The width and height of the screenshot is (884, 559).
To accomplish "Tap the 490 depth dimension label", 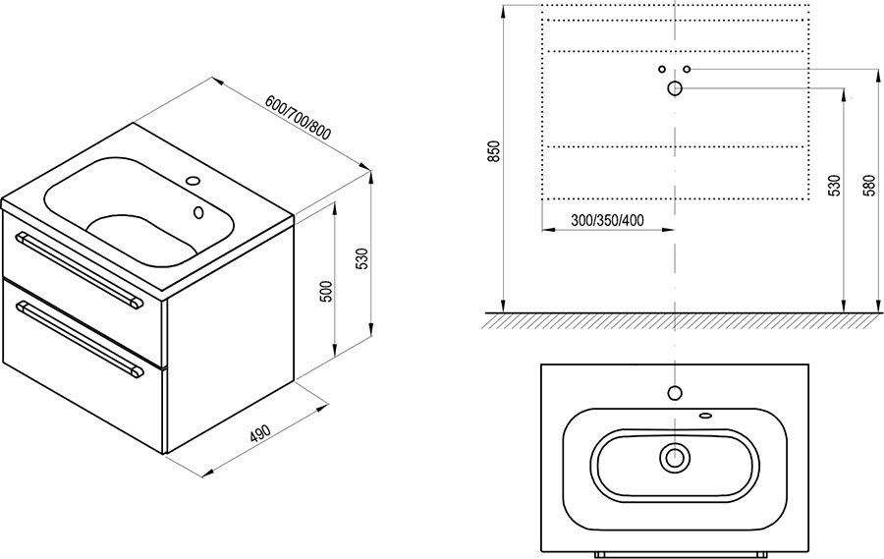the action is coord(261,433).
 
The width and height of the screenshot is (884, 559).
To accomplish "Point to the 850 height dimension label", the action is coord(493,151).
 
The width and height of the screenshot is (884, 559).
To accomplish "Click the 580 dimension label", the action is coord(871,186).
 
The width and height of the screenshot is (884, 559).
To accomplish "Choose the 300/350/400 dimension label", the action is coord(607,220).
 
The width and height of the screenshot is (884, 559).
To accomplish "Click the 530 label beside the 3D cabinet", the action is coord(363,258).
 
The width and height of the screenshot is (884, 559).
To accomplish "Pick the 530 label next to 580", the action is coord(835,186).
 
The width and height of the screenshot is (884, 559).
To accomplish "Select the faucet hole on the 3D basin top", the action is coord(193,181).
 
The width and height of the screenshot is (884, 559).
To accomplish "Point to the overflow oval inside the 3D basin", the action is coord(197,212).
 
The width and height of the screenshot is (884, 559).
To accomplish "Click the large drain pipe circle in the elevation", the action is coord(675,88).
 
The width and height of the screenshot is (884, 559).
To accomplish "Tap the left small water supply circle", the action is coord(662,69).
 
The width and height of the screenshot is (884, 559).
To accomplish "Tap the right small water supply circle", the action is coord(687,69).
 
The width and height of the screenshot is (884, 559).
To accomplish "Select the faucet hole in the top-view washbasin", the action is coord(675,393).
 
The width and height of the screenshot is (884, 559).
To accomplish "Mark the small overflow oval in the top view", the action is coord(705,417).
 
